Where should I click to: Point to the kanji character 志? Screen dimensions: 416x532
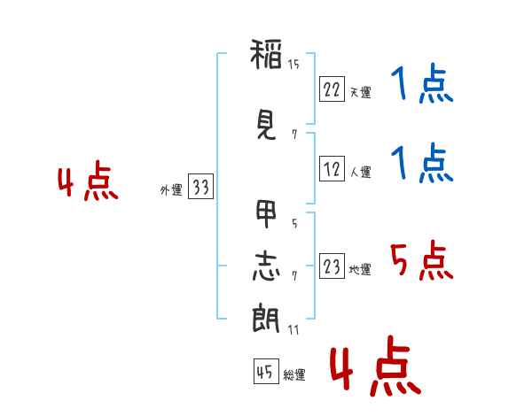click(x=266, y=266)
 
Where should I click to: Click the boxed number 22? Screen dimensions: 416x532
click(x=332, y=89)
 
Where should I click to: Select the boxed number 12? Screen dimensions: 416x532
click(x=332, y=170)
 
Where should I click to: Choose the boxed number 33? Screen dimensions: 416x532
click(x=200, y=188)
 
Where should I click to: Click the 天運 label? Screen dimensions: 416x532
click(x=360, y=92)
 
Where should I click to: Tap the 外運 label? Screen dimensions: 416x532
click(x=170, y=189)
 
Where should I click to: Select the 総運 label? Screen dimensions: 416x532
click(x=293, y=375)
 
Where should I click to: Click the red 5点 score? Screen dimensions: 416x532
click(x=421, y=260)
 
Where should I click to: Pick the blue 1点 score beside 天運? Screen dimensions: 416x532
click(x=421, y=87)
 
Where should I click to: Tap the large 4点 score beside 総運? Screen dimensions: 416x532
click(x=374, y=370)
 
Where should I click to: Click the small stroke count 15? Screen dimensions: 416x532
click(x=293, y=64)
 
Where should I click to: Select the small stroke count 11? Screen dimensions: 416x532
click(x=293, y=329)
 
